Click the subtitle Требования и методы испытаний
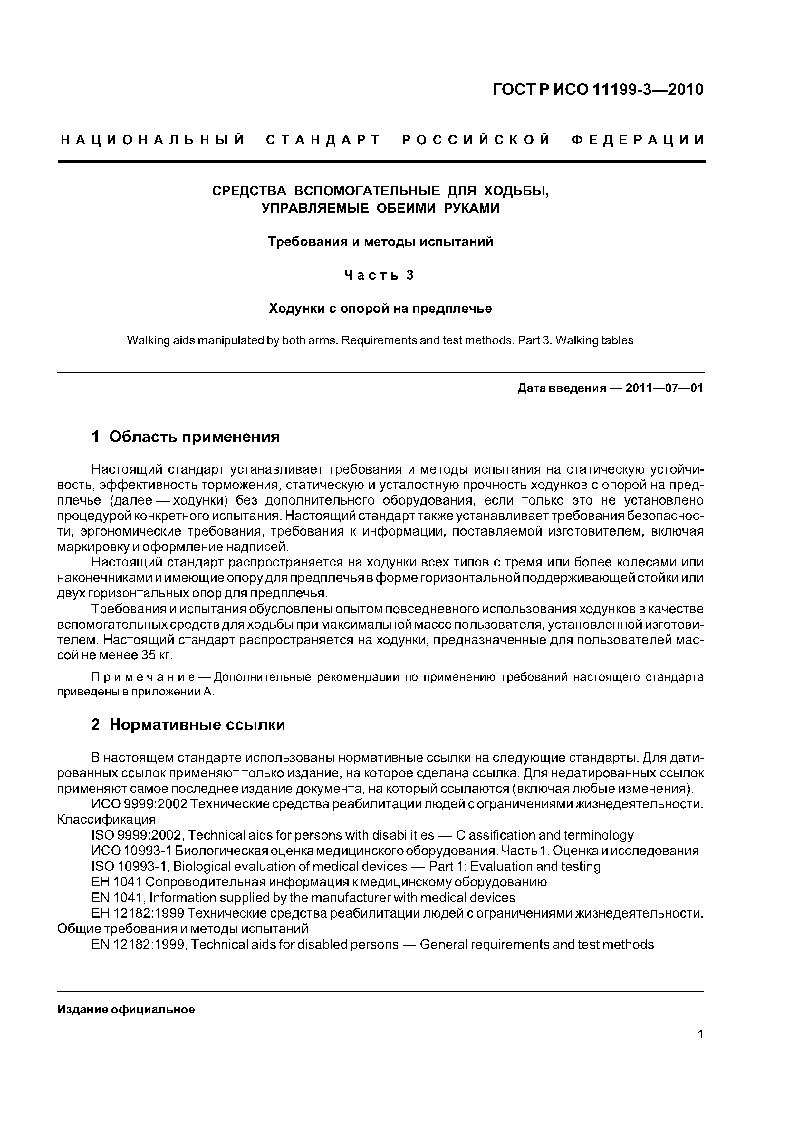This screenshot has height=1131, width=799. click(380, 242)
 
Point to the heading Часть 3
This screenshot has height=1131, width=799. click(379, 275)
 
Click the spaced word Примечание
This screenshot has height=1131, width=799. click(126, 677)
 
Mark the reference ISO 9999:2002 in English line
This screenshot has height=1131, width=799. click(137, 835)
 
